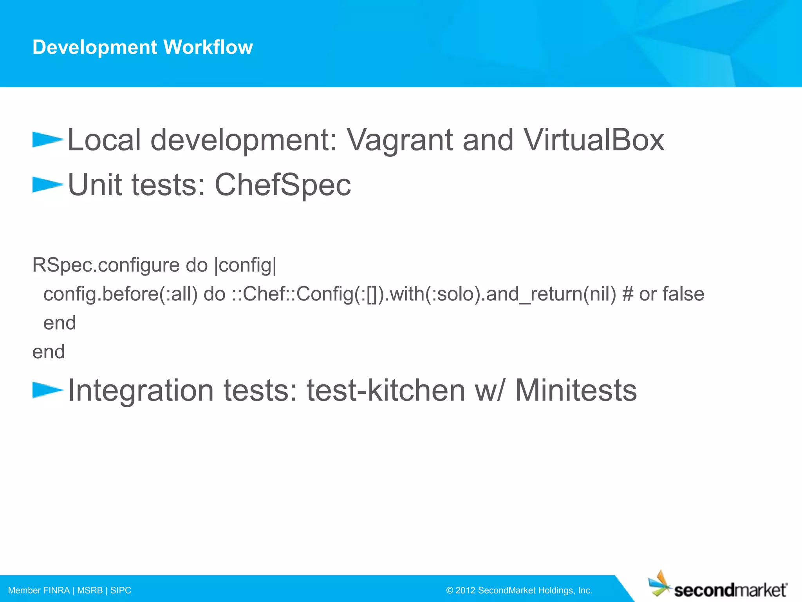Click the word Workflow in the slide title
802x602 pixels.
[208, 47]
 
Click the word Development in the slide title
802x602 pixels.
[95, 47]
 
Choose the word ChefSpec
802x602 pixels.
[282, 185]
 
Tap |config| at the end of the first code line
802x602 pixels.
[246, 265]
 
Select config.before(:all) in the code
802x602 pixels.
[120, 294]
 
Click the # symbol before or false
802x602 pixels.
[627, 294]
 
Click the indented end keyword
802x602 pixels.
[60, 323]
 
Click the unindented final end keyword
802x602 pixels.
[49, 352]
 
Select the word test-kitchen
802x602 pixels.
[386, 390]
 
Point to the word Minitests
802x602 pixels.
[576, 390]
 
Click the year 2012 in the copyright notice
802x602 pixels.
[465, 590]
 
